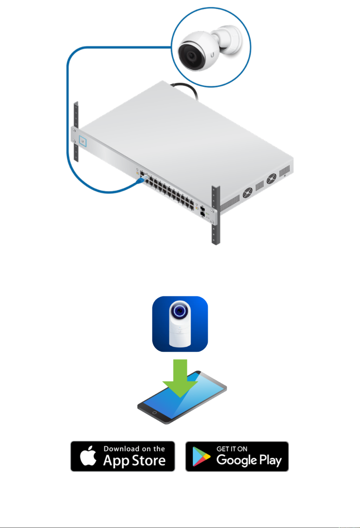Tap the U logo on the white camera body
click(x=212, y=55)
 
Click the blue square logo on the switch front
click(x=82, y=141)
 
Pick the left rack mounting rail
click(x=76, y=132)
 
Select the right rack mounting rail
click(x=216, y=215)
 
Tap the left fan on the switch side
click(x=248, y=193)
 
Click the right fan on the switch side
click(x=271, y=179)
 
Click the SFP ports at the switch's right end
click(x=203, y=211)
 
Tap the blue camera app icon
click(x=180, y=324)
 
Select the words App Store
click(x=134, y=461)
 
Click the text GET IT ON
click(x=232, y=449)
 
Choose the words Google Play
click(x=249, y=460)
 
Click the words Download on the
click(x=134, y=448)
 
